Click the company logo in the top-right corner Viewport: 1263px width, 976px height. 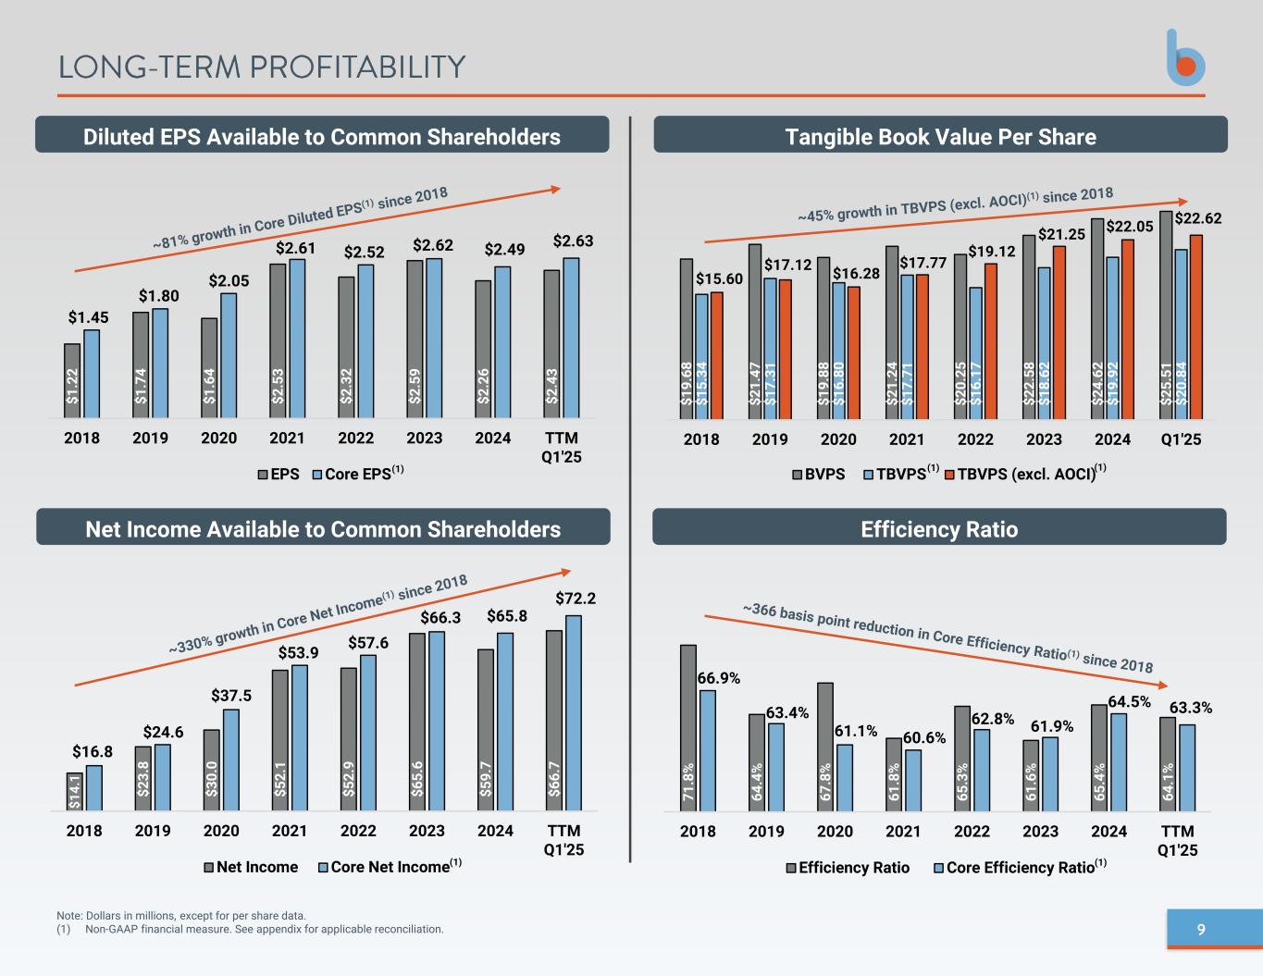click(1185, 59)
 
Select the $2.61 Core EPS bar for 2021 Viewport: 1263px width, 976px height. click(297, 338)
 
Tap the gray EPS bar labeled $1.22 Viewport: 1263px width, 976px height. click(72, 380)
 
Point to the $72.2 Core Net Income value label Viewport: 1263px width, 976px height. click(576, 599)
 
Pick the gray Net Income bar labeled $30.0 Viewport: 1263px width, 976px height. click(212, 770)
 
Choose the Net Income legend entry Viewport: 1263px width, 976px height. click(251, 867)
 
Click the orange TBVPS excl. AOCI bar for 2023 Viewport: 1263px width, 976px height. click(1059, 332)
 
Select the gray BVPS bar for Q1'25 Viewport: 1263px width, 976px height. click(1166, 315)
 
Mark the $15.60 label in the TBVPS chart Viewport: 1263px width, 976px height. click(719, 278)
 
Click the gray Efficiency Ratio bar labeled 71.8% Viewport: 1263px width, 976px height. click(688, 728)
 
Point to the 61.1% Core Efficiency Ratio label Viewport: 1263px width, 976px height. click(855, 731)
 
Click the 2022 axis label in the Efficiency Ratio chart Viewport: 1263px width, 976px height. click(972, 831)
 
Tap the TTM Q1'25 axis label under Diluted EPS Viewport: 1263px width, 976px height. click(561, 447)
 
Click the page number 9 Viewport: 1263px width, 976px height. click(1201, 930)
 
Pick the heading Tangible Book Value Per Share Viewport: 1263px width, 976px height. click(940, 137)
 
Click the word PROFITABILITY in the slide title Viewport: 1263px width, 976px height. click(357, 68)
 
